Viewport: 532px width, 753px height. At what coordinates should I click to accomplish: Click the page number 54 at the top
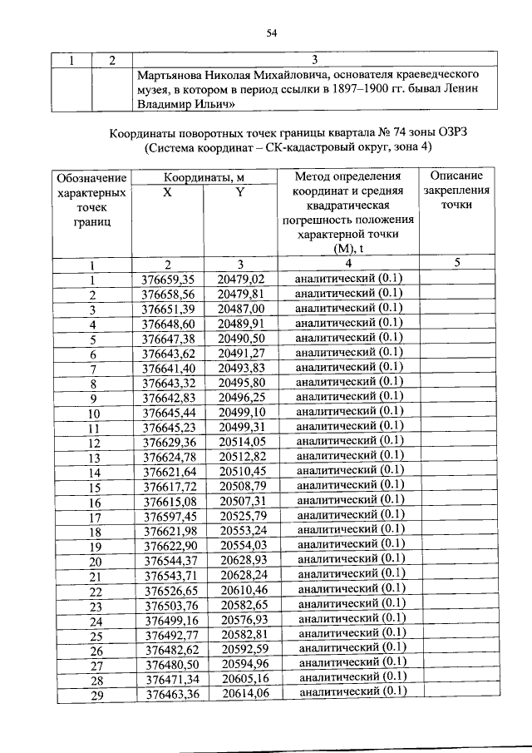(270, 33)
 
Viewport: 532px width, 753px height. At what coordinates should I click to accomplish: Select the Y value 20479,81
(240, 294)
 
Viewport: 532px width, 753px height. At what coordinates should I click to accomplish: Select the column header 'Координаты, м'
(204, 177)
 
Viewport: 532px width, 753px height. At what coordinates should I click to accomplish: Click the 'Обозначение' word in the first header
(91, 178)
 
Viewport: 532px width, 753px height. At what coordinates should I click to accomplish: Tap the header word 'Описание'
(457, 176)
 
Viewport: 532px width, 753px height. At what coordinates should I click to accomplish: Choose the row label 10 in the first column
(93, 413)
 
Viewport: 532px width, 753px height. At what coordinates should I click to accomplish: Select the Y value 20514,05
(241, 442)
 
